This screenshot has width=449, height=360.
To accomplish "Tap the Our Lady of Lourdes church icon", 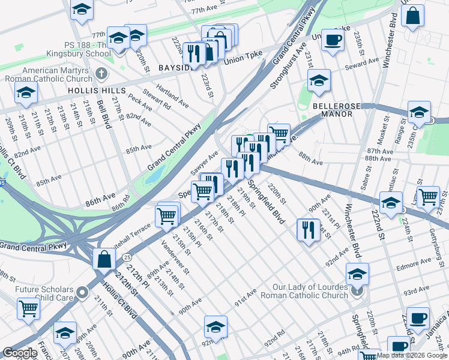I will click(357, 292).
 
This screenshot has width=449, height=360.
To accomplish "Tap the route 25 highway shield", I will click(126, 257).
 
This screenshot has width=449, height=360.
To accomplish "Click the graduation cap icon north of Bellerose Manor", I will click(319, 80).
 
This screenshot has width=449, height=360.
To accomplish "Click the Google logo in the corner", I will click(20, 353).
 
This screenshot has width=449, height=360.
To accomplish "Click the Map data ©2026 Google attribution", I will click(411, 355).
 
